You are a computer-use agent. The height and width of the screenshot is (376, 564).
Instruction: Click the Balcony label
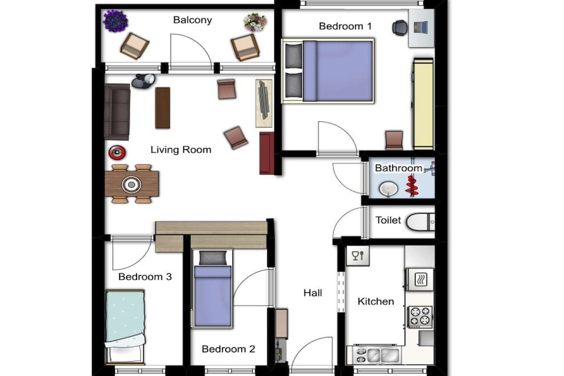click(192, 20)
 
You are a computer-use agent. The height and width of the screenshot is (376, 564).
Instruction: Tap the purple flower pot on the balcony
click(116, 21)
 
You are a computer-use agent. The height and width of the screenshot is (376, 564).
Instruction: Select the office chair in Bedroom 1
click(400, 28)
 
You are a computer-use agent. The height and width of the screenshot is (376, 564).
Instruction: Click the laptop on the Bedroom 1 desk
click(420, 27)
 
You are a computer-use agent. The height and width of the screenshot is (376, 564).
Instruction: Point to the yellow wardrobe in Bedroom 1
click(423, 103)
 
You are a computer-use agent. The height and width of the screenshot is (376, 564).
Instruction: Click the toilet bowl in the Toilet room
click(420, 222)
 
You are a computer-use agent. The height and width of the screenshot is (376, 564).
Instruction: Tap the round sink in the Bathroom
click(388, 189)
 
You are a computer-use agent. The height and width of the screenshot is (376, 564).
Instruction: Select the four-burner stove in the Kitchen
click(420, 317)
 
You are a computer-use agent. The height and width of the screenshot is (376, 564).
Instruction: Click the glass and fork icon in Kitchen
click(358, 256)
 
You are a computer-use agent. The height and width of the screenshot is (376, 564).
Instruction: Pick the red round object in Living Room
click(117, 153)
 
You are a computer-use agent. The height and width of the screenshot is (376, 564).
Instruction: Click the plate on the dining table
click(132, 184)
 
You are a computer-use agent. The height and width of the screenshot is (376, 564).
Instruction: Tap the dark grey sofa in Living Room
click(117, 112)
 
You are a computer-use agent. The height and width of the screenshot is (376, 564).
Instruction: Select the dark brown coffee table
click(162, 108)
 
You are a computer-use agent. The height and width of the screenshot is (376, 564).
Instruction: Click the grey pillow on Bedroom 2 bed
click(213, 258)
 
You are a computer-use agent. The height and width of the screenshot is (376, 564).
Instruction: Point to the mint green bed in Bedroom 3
click(125, 326)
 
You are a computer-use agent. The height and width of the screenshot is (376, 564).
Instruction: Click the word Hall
click(313, 293)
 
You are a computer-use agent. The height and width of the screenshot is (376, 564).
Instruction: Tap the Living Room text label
click(181, 150)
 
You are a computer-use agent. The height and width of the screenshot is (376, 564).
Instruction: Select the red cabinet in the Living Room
click(267, 153)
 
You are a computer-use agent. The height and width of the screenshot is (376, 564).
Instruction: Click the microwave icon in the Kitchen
click(420, 279)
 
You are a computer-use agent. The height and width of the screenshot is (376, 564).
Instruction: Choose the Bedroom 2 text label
click(229, 349)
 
